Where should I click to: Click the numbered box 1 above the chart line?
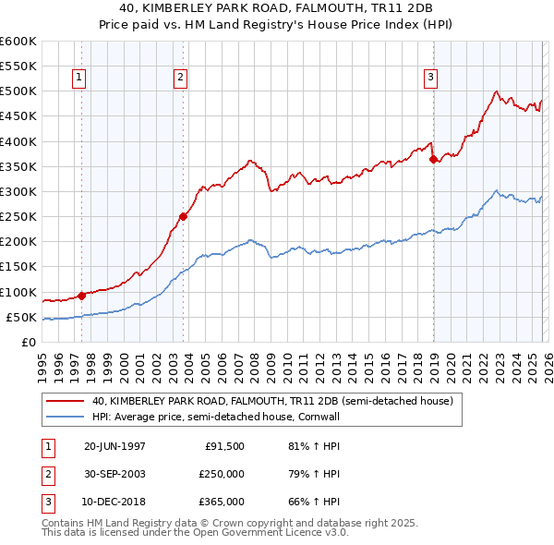coord(80,79)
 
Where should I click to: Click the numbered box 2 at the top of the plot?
coord(181,79)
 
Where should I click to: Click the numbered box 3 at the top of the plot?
coord(431,79)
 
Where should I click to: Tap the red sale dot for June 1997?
coord(81,296)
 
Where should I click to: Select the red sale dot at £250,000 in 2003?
coord(184,217)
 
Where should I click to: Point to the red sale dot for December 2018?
coord(433,159)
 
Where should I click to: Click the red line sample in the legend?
coord(65,402)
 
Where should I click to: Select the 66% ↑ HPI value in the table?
coord(307,502)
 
